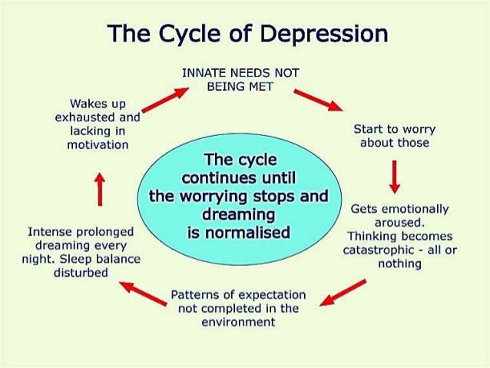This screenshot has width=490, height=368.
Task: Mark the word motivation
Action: pos(98,144)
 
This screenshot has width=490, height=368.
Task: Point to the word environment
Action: pos(237,322)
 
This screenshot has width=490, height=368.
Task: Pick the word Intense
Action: pos(48,231)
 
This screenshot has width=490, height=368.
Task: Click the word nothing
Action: pos(399,264)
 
